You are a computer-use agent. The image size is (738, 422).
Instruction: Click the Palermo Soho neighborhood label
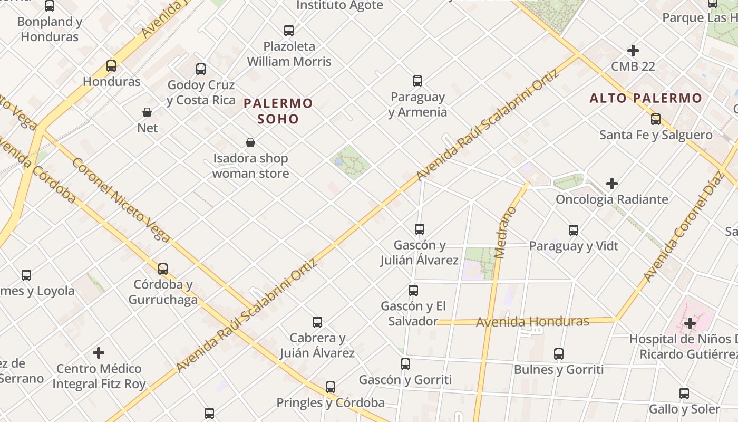click(278, 111)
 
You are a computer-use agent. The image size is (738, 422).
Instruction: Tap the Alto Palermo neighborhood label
click(646, 98)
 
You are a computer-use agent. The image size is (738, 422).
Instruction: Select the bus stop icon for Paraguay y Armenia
click(417, 81)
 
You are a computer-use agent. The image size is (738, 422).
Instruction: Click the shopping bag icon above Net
click(147, 112)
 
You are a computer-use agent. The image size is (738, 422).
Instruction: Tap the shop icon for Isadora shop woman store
click(250, 142)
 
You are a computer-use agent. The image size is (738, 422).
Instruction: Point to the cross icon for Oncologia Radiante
click(612, 184)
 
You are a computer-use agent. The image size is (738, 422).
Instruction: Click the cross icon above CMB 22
click(633, 51)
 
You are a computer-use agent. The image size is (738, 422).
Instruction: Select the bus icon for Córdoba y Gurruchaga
click(163, 269)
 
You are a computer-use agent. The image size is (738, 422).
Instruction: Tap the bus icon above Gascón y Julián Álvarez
click(420, 229)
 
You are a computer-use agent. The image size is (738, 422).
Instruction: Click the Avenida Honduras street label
click(532, 321)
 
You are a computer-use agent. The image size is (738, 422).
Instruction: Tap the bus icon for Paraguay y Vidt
click(574, 231)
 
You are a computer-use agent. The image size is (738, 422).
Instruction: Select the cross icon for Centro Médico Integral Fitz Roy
click(99, 353)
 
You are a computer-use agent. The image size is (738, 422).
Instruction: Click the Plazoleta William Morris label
click(289, 54)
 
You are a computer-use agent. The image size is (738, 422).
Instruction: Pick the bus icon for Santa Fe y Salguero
click(656, 119)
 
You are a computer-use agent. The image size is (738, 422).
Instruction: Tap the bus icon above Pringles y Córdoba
click(331, 387)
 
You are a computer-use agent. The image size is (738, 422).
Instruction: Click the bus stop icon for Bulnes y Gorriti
click(559, 354)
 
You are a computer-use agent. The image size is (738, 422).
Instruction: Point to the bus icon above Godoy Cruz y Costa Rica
click(201, 69)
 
